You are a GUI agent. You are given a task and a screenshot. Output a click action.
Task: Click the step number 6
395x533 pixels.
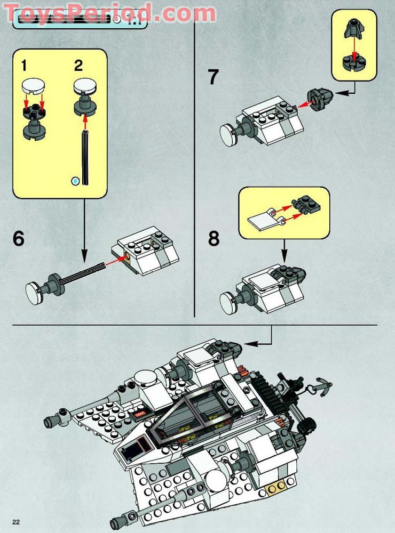coord(19,238)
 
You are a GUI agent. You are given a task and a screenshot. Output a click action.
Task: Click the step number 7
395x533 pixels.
coord(214,77)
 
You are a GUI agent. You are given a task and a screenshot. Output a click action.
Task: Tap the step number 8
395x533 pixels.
coord(214,238)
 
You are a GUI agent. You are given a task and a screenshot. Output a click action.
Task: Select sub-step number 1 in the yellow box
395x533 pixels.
coord(23,66)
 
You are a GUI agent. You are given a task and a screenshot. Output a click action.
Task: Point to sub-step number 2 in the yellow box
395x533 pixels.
coord(78,66)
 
